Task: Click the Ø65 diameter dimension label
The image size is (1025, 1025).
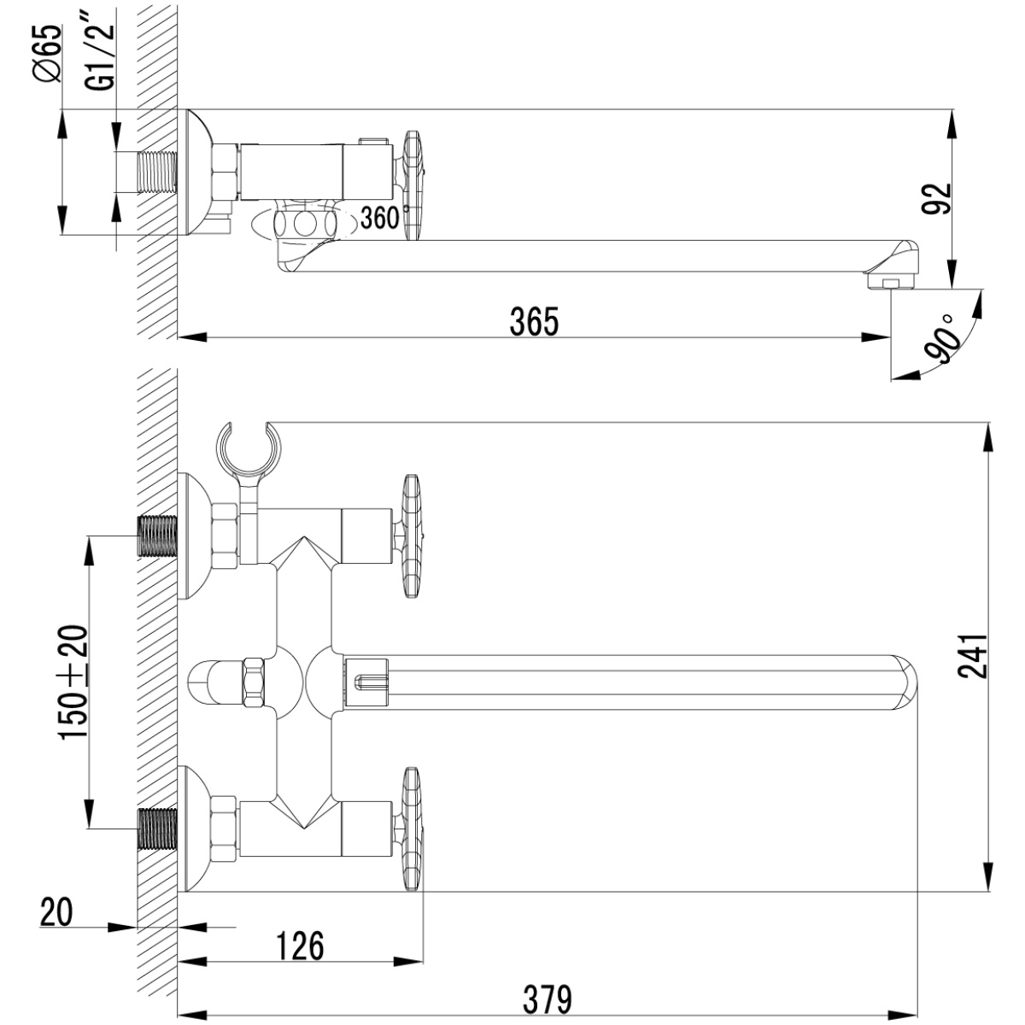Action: tap(48, 54)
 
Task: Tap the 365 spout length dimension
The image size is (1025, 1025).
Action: tap(534, 322)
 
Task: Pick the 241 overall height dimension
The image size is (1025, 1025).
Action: tap(972, 656)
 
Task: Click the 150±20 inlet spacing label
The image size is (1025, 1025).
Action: tap(73, 682)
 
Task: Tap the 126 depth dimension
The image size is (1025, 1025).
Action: tap(300, 946)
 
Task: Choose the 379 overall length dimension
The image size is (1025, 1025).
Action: tap(548, 1000)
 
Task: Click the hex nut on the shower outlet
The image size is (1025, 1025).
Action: tap(254, 682)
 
